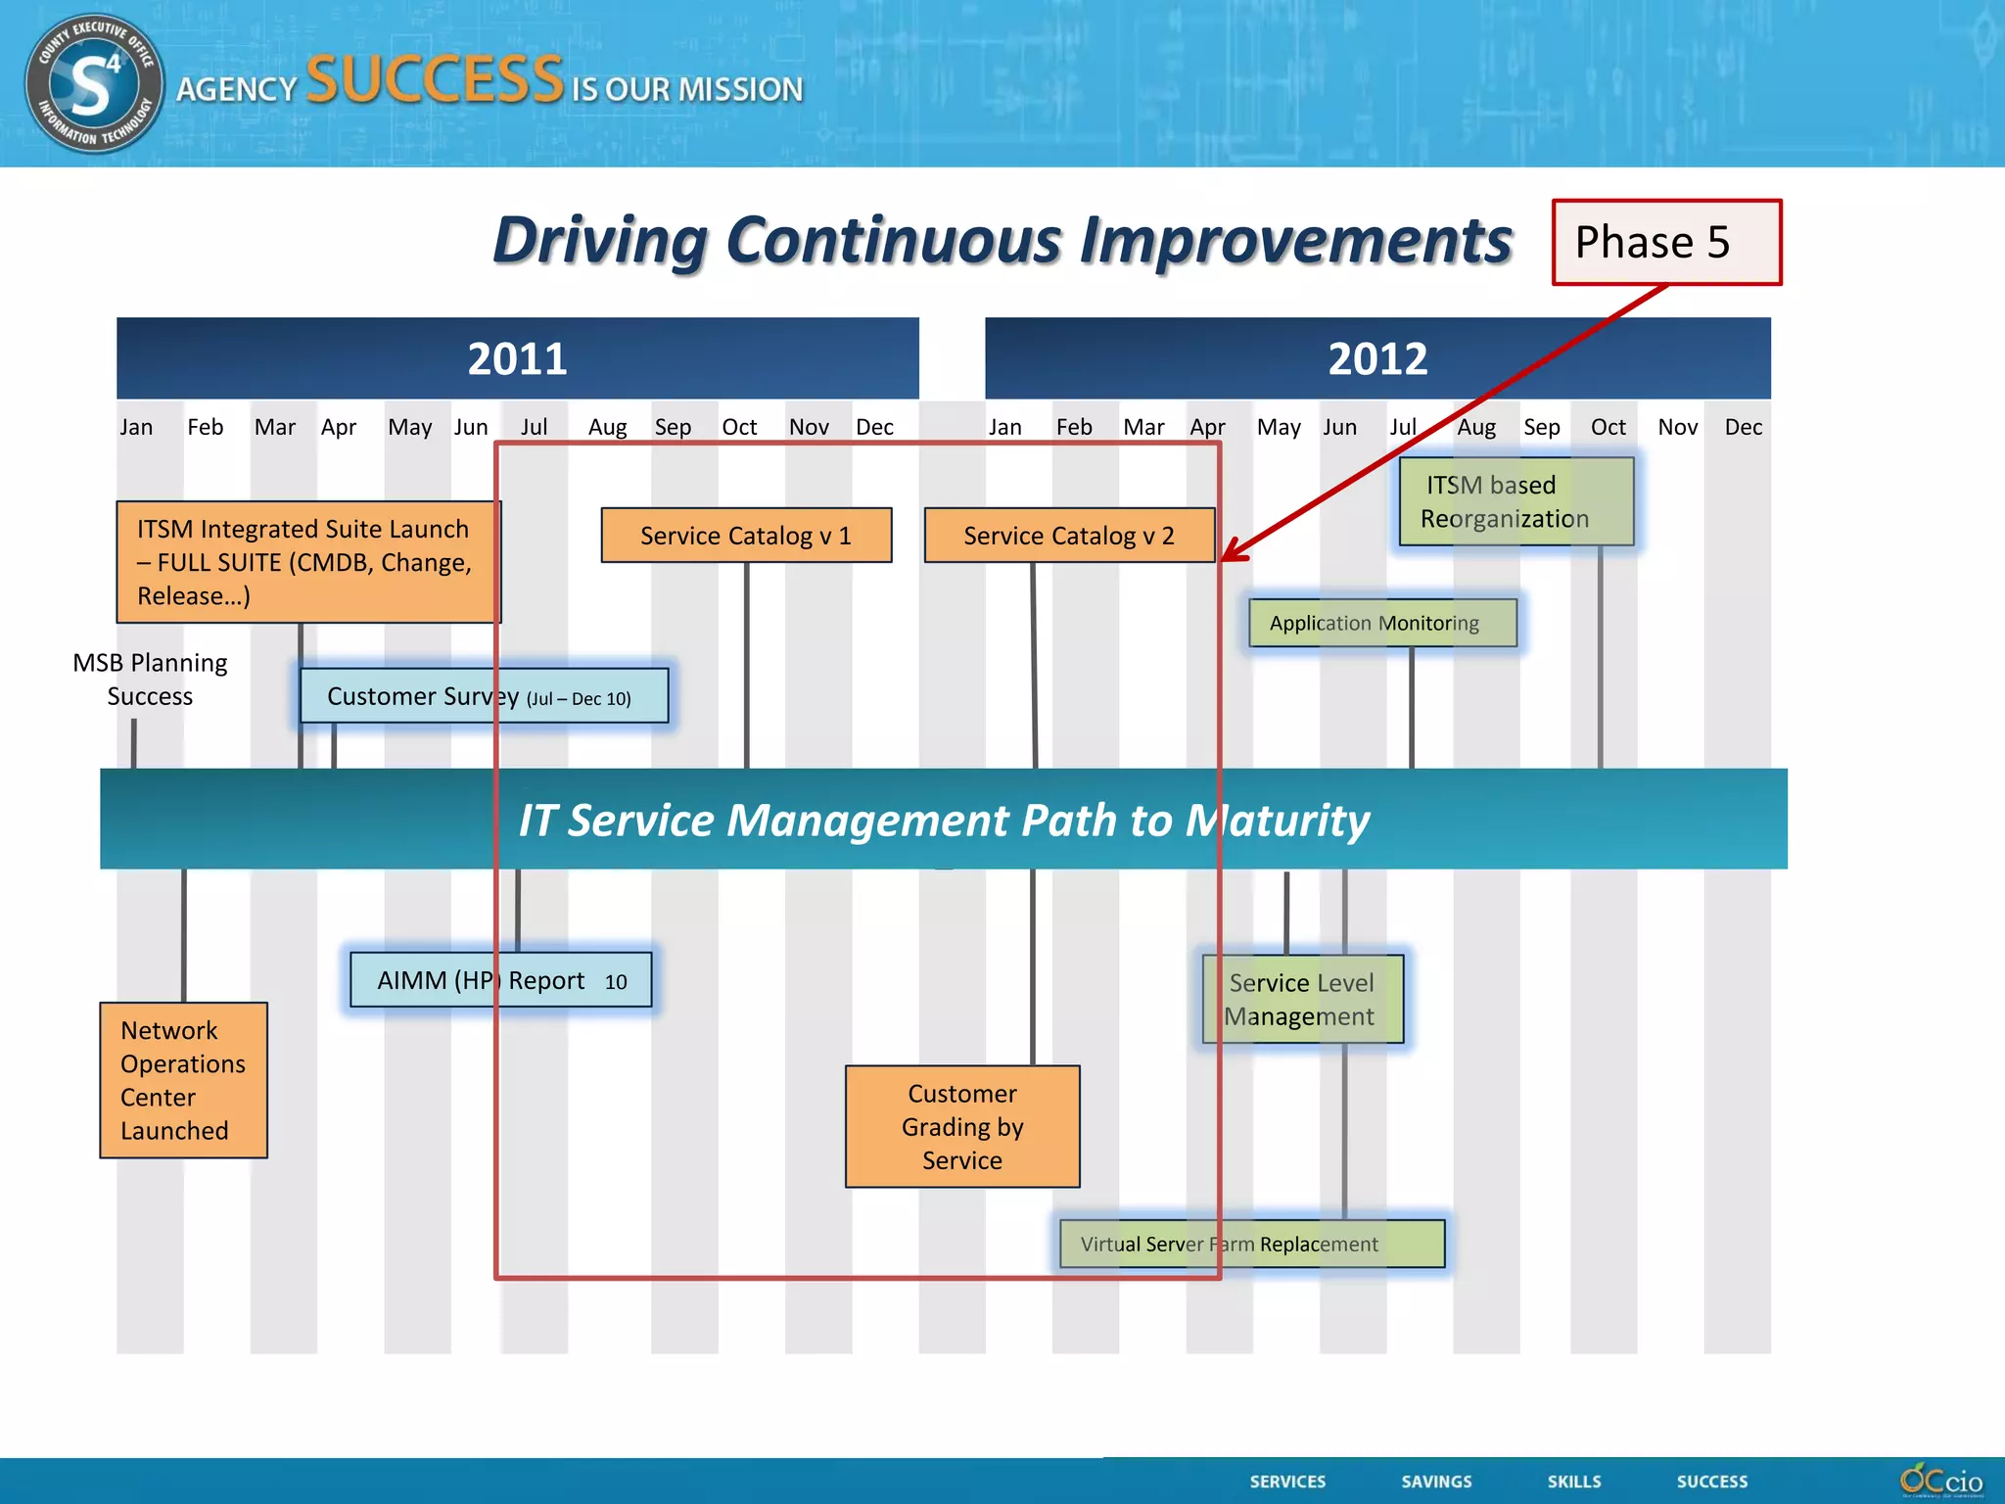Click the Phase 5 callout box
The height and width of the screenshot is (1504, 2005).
click(x=1665, y=242)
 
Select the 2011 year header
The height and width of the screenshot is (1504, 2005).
click(x=517, y=358)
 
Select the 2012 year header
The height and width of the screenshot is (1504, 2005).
click(x=1376, y=358)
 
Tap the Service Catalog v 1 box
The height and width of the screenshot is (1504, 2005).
click(x=746, y=535)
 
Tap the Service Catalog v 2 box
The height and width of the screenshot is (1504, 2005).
click(x=1069, y=535)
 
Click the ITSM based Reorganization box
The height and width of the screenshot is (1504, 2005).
click(x=1515, y=501)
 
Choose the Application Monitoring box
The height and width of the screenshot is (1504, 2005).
click(x=1382, y=623)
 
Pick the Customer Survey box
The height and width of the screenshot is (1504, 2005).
click(x=484, y=696)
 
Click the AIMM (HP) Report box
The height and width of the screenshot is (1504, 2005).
click(x=500, y=980)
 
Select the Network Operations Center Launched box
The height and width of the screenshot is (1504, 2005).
click(x=183, y=1080)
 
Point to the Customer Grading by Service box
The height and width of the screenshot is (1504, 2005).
click(x=962, y=1127)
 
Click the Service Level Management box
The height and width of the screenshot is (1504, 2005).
click(x=1302, y=999)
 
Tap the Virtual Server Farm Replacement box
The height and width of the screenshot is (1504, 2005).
click(x=1251, y=1244)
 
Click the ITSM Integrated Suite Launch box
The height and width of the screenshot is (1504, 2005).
click(x=307, y=562)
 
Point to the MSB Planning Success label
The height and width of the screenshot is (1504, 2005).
click(x=150, y=680)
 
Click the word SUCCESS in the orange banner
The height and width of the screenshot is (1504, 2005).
click(x=435, y=79)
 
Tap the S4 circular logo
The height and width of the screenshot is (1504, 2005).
click(x=94, y=83)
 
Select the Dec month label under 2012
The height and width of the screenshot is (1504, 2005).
click(x=1743, y=427)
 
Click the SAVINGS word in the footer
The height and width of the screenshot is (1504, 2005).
click(x=1436, y=1481)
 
